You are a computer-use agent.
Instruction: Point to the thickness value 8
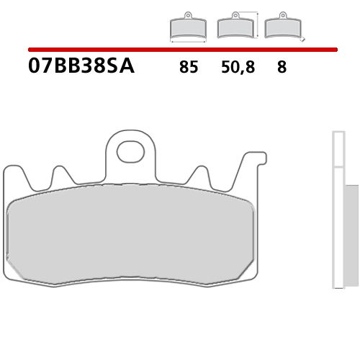pos(281,68)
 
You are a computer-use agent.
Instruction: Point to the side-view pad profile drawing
pos(339,209)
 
